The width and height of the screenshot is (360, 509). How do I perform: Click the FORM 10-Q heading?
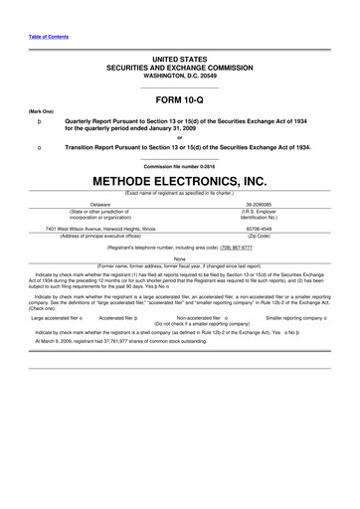(180, 100)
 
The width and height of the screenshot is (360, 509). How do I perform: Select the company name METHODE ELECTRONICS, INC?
(180, 182)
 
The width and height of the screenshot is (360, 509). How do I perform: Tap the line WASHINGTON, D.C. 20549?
(180, 76)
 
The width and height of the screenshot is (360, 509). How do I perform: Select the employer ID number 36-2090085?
(264, 201)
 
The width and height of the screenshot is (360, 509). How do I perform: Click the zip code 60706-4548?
(264, 227)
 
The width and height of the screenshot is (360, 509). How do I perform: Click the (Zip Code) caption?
(264, 235)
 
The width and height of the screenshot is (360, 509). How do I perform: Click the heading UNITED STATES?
(180, 59)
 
